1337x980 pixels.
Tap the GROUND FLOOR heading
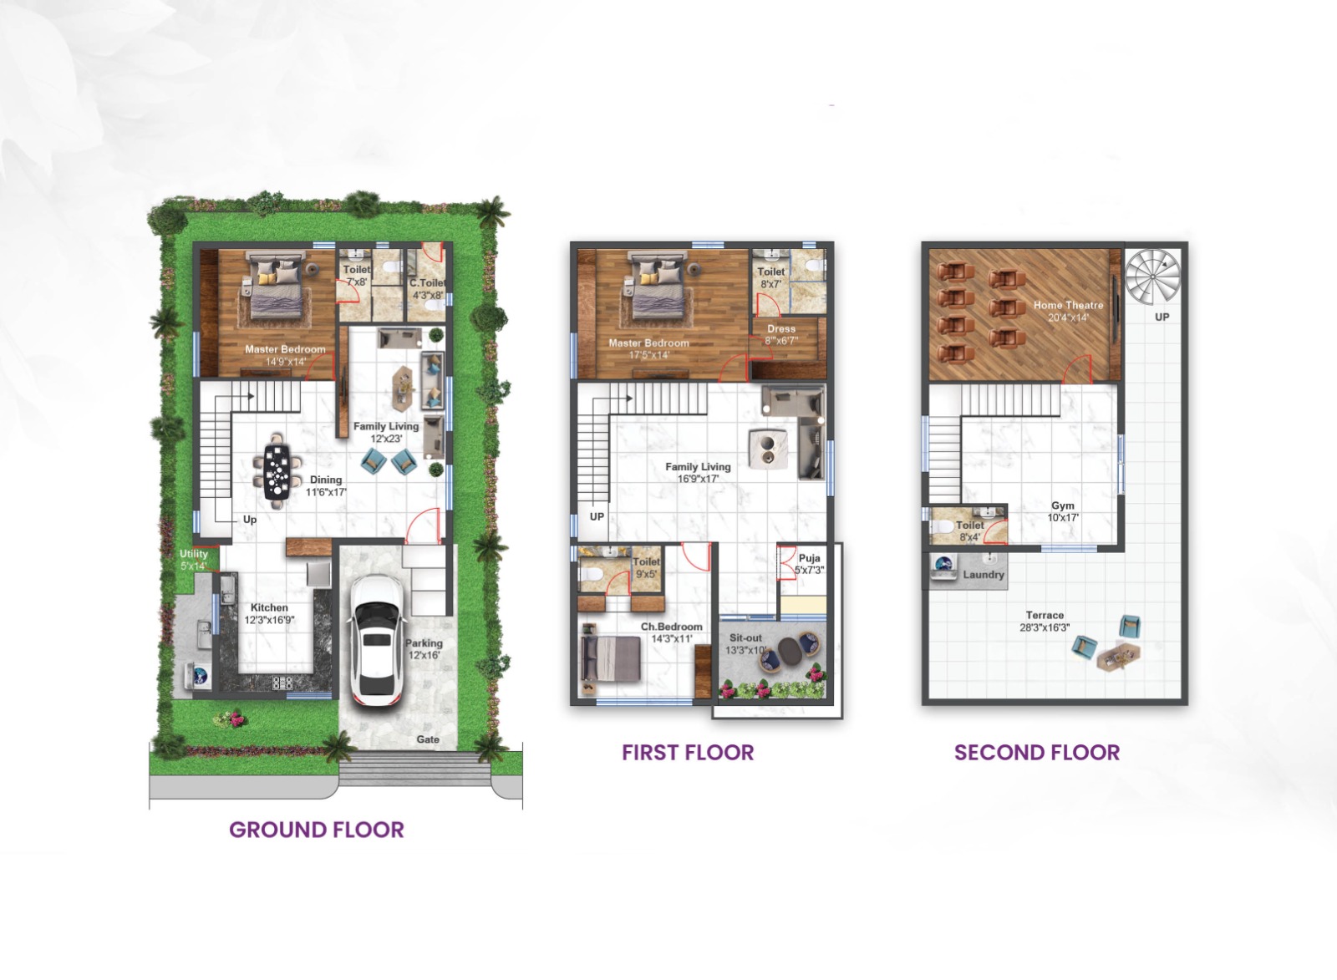click(316, 830)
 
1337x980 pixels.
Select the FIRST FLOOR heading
click(687, 752)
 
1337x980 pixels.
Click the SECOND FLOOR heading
click(1036, 752)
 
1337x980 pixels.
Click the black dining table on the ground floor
click(277, 472)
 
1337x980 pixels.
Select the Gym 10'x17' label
click(1063, 511)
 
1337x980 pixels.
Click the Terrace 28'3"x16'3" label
click(1045, 621)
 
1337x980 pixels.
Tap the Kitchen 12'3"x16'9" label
click(269, 613)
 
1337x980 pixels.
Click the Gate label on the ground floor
click(428, 739)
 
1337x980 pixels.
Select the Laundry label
click(983, 575)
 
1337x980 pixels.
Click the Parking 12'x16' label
click(424, 648)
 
